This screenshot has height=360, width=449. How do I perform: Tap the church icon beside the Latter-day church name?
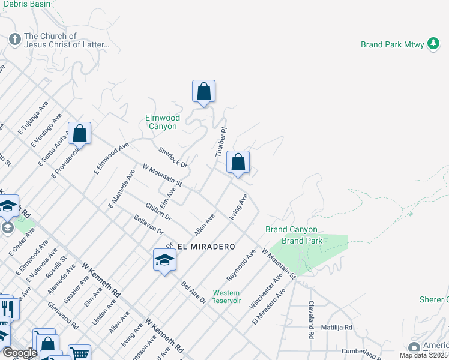(x=15, y=40)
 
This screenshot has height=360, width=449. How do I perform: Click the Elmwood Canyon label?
(x=162, y=122)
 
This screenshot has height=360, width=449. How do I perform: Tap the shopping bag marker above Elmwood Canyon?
(x=203, y=92)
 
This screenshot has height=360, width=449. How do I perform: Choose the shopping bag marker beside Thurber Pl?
(x=238, y=163)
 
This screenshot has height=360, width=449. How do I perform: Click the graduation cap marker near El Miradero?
(x=164, y=260)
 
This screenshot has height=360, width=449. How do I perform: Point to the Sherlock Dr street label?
(x=173, y=157)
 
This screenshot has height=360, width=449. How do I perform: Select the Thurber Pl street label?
(x=220, y=142)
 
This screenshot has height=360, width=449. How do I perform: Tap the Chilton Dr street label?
(x=158, y=211)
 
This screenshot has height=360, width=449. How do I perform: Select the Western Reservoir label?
(x=226, y=296)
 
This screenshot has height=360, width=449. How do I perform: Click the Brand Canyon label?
(x=291, y=230)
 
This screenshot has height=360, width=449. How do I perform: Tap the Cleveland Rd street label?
(x=311, y=320)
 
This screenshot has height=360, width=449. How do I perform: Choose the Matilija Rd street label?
(x=336, y=328)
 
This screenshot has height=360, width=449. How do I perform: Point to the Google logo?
(x=20, y=353)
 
